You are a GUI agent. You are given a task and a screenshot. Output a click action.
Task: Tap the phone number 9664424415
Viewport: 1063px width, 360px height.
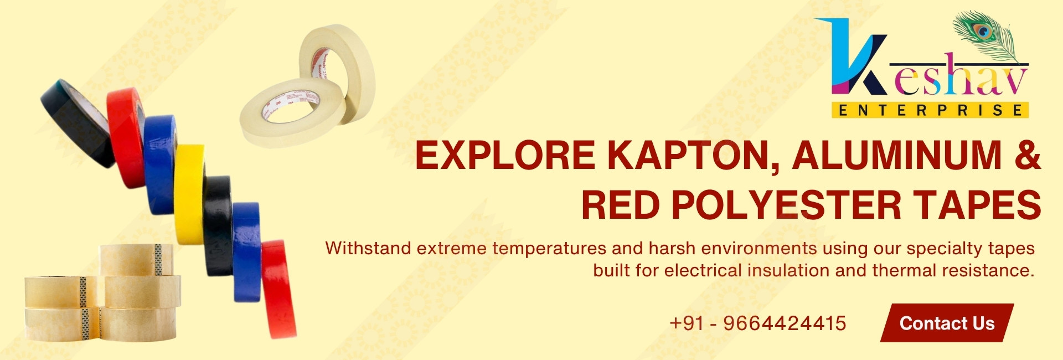click(785, 323)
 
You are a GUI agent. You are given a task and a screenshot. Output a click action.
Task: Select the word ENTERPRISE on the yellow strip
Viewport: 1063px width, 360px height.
click(930, 110)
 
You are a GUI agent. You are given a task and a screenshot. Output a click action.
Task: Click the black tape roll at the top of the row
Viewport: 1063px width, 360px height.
click(77, 122)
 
